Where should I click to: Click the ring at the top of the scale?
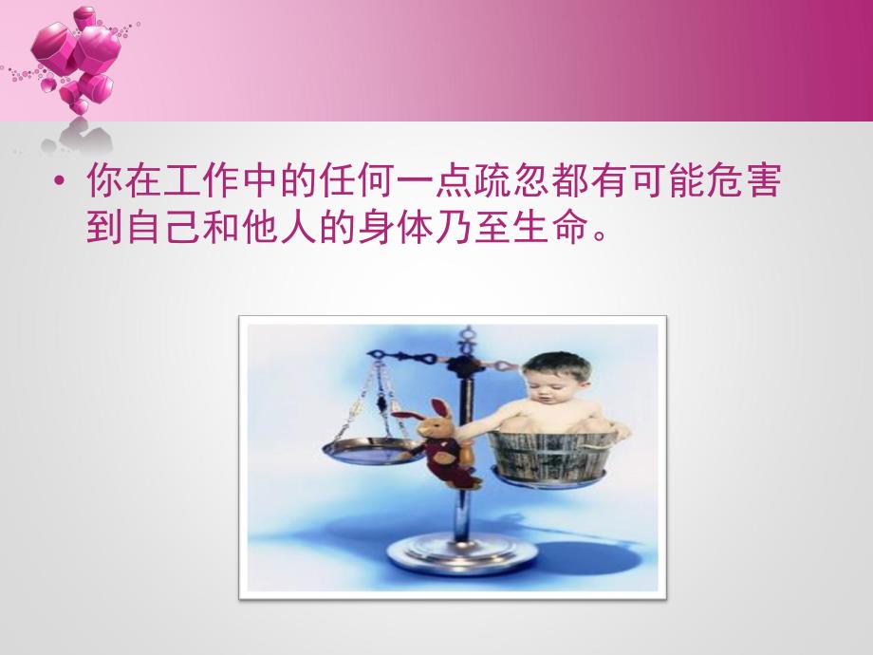466,334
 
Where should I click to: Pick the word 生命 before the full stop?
555,228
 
